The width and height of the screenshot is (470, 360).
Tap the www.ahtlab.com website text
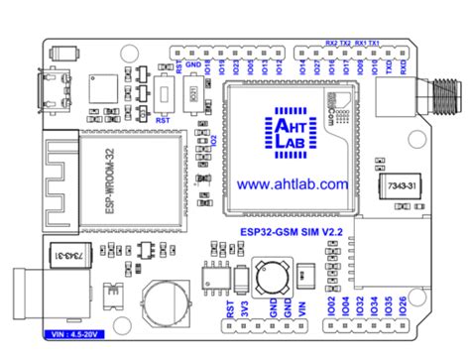(293, 184)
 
